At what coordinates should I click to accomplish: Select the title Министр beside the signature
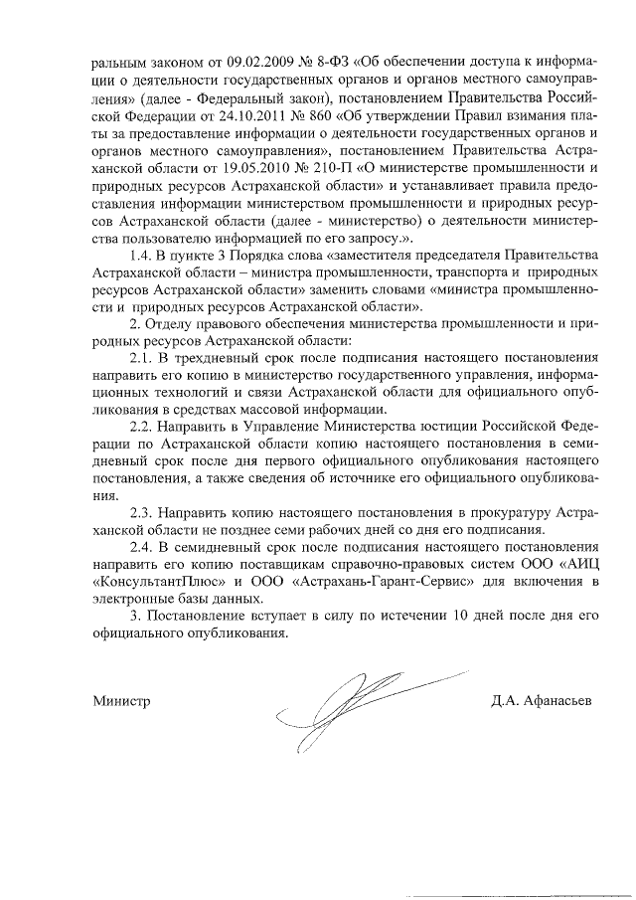pyautogui.click(x=121, y=700)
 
